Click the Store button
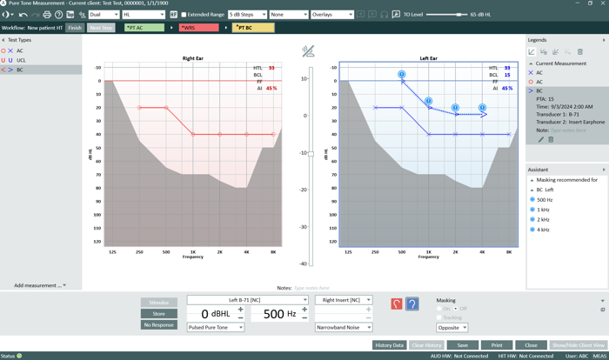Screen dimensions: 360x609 [159, 314]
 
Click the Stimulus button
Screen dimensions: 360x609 [159, 303]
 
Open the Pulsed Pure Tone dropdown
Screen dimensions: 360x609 [216, 328]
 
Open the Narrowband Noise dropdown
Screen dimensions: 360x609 [344, 328]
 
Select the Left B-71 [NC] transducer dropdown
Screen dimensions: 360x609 [247, 300]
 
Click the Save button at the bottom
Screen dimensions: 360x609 [462, 345]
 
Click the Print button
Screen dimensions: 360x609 [497, 345]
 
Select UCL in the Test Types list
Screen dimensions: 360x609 [22, 60]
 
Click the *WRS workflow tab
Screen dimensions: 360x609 [199, 28]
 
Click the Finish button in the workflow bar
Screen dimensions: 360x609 [75, 28]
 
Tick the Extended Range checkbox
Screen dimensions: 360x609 [184, 15]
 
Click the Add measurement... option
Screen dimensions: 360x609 [39, 285]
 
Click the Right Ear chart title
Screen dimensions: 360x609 [193, 58]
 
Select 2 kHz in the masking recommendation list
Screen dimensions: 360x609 [543, 220]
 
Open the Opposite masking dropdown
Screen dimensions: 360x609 [452, 328]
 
